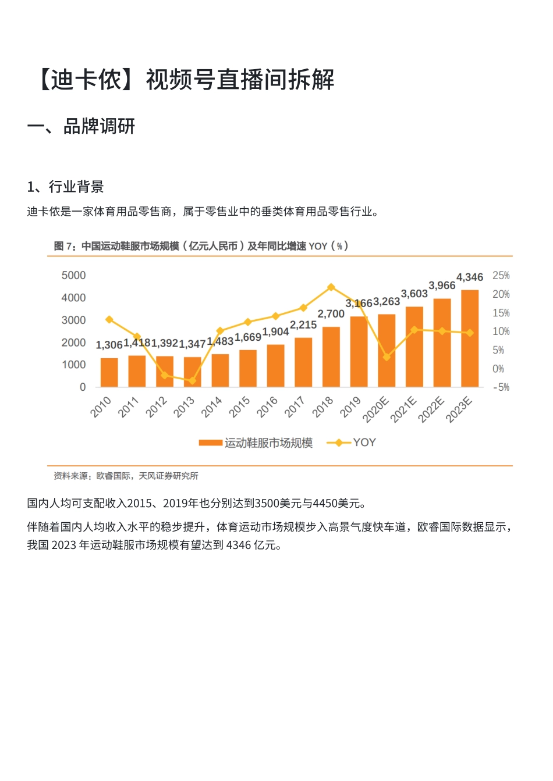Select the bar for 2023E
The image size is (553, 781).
pos(470,338)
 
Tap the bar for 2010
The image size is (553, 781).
pos(109,372)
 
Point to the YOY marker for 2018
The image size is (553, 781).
pos(331,287)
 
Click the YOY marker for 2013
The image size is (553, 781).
pos(192,381)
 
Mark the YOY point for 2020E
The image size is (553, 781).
pos(387,357)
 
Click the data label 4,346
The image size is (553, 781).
pos(470,277)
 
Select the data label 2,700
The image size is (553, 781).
pos(331,314)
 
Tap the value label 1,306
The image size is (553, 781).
pos(109,345)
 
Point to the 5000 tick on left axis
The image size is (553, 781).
pos(73,276)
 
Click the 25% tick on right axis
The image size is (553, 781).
pos(501,276)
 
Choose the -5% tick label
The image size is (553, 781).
pos(501,387)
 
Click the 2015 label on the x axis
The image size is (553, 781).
pos(240,406)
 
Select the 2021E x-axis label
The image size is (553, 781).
pos(403,409)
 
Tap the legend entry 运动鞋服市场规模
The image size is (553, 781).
pos(256,443)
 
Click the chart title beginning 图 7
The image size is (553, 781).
pos(201,246)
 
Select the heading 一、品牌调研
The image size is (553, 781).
pos(81,126)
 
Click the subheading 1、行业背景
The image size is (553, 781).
pos(65,187)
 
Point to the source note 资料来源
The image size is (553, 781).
pos(126,476)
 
